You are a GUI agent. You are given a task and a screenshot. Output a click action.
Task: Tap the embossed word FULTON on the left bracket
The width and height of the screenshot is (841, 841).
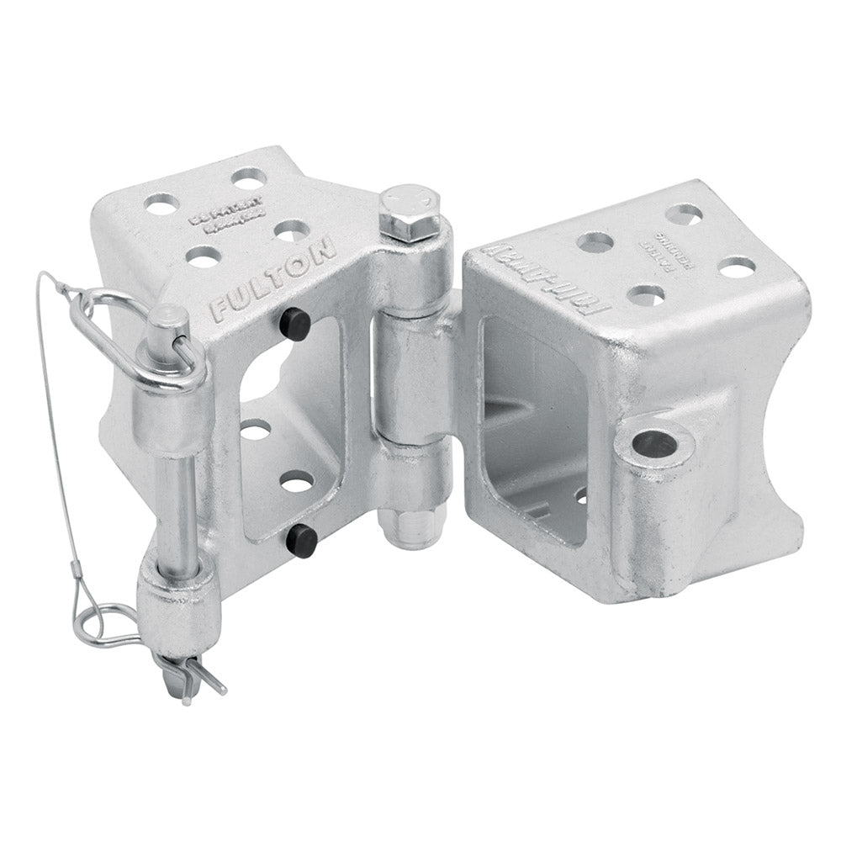coord(274,280)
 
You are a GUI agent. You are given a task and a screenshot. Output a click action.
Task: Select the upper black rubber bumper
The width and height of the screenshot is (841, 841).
coord(294,321)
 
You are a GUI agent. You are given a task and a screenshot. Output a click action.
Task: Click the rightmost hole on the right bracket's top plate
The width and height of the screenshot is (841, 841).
coord(737,268)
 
